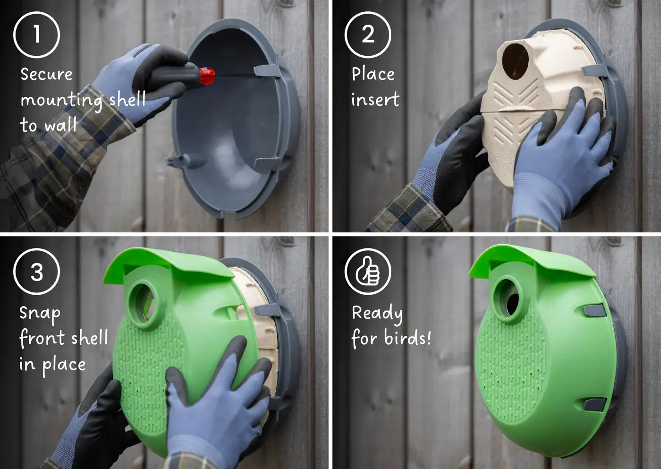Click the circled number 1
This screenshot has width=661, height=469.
coord(37,35)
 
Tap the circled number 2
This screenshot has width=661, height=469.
coord(368,35)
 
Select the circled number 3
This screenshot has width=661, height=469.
coord(37,272)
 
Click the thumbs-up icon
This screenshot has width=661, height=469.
coord(368,272)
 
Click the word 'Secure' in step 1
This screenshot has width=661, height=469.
coord(46,74)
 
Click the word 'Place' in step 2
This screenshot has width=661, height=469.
coord(373,74)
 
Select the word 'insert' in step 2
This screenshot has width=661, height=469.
coord(375,99)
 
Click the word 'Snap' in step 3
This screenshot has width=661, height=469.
coord(40,314)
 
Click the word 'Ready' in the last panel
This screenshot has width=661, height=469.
coord(377,314)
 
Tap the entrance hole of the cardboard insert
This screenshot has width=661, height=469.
coord(515,62)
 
